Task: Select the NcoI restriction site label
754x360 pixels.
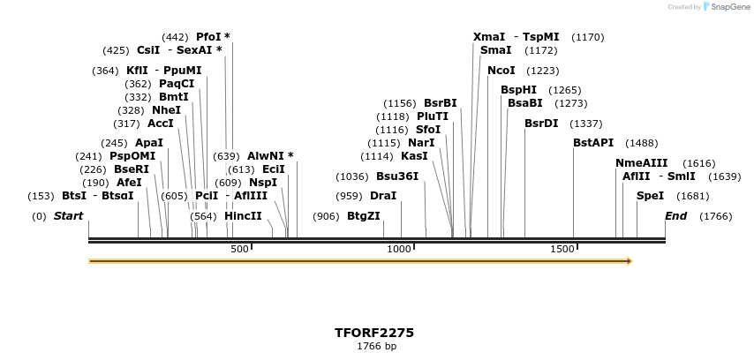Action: click(x=501, y=71)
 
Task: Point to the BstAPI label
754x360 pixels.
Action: click(x=593, y=143)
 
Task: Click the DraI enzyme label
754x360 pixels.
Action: click(x=383, y=196)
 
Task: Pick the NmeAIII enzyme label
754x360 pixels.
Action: click(x=642, y=163)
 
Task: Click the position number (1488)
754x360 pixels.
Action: click(x=642, y=143)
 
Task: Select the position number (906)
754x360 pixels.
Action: click(x=327, y=216)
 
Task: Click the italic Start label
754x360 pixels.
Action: click(x=68, y=216)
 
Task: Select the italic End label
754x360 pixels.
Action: click(x=675, y=216)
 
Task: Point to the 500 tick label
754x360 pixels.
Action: click(x=239, y=250)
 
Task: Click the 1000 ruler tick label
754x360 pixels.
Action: click(x=399, y=250)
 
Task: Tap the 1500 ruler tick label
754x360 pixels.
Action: click(x=562, y=250)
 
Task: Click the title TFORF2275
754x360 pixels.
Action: click(x=374, y=333)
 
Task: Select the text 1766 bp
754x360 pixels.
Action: click(x=376, y=347)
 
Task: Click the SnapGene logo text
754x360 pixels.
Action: click(x=727, y=7)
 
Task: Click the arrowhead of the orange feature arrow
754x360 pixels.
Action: click(x=630, y=261)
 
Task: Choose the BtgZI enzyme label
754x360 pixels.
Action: click(x=364, y=216)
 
